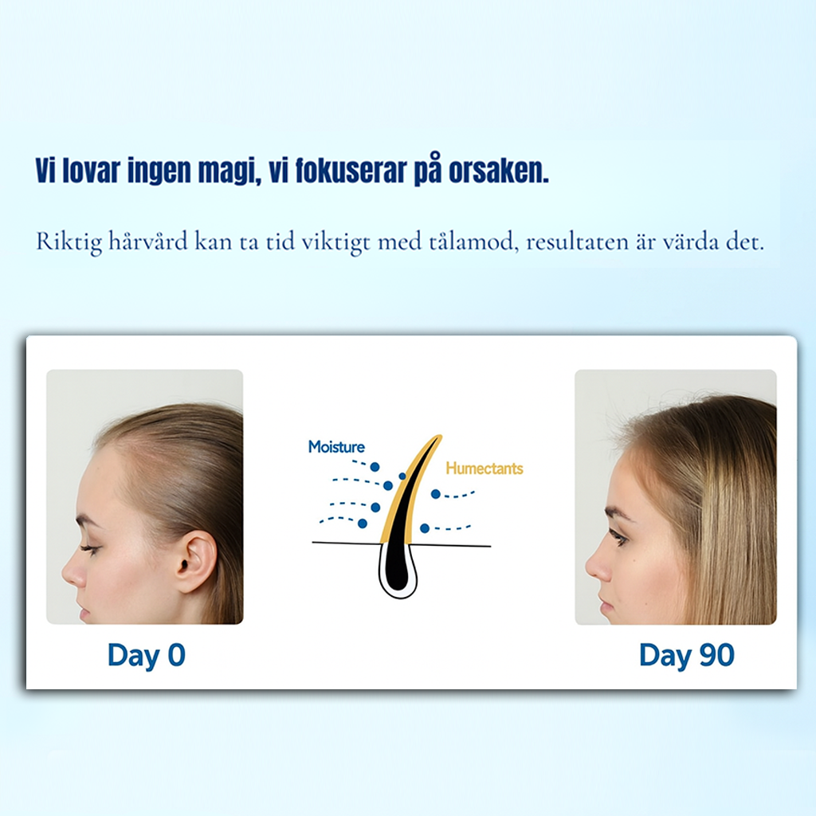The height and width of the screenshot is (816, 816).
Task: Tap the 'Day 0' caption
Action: click(147, 655)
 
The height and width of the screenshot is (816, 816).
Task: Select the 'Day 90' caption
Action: click(686, 655)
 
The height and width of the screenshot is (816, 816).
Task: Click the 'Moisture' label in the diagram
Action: click(336, 447)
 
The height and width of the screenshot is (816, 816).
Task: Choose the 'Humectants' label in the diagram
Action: click(484, 469)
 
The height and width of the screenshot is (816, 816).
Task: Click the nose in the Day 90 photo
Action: click(596, 566)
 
